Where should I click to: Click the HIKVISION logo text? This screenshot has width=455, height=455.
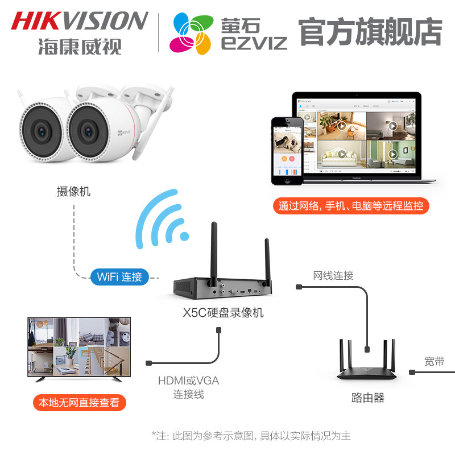pos(80,21)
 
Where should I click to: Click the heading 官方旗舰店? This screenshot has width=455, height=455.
pos(370,32)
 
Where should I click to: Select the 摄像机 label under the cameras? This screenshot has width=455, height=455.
pos(73,192)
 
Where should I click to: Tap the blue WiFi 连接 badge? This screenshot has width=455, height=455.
pos(119,277)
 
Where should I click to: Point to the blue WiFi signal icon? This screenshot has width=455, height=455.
pos(162,219)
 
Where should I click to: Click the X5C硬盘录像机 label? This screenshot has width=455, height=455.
pos(223,312)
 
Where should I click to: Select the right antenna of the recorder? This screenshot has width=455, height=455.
pos(266,259)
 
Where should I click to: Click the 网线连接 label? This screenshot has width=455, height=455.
pos(333,276)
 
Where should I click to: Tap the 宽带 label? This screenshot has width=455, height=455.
pos(434,361)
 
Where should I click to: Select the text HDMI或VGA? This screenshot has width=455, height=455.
pos(188,380)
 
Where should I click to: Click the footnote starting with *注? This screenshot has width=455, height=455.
pos(251,436)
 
